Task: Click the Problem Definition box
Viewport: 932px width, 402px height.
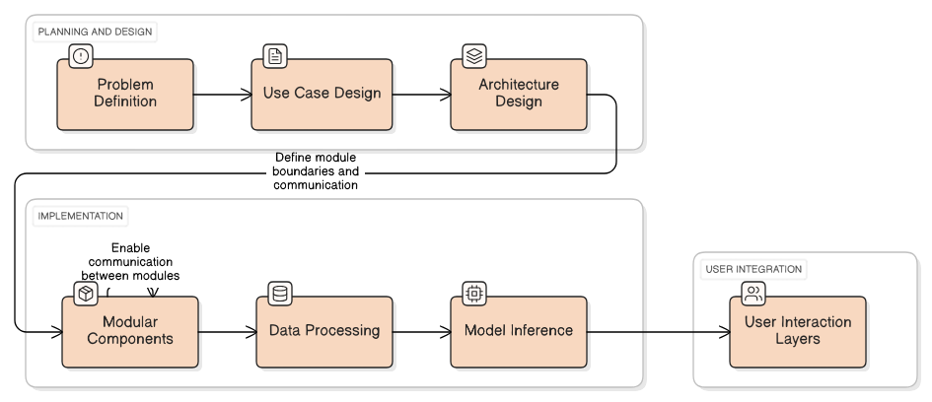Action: [x=125, y=95]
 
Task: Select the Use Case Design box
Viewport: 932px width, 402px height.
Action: [x=322, y=95]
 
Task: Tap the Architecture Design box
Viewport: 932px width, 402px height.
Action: [x=518, y=95]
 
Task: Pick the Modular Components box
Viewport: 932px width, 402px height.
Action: [x=130, y=331]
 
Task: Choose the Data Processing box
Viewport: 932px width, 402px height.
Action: [x=324, y=331]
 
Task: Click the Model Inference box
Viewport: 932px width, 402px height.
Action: [x=519, y=331]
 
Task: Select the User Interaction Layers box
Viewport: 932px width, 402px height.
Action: [x=798, y=331]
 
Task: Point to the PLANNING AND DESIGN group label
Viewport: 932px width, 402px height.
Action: [x=96, y=32]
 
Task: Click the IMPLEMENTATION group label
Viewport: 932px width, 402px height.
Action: [x=81, y=216]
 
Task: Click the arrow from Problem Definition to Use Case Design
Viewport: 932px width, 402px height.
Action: [x=222, y=95]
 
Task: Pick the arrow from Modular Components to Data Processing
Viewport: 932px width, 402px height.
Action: [x=227, y=331]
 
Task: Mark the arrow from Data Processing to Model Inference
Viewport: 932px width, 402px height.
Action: [x=421, y=331]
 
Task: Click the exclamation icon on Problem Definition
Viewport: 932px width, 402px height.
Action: [x=81, y=55]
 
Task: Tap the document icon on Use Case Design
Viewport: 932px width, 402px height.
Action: [x=275, y=55]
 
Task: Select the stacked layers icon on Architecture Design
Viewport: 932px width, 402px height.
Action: [x=473, y=55]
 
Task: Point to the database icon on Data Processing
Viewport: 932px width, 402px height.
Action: [x=280, y=294]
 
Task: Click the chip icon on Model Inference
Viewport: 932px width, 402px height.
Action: [x=474, y=294]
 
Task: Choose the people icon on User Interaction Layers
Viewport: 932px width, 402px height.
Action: [x=753, y=294]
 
